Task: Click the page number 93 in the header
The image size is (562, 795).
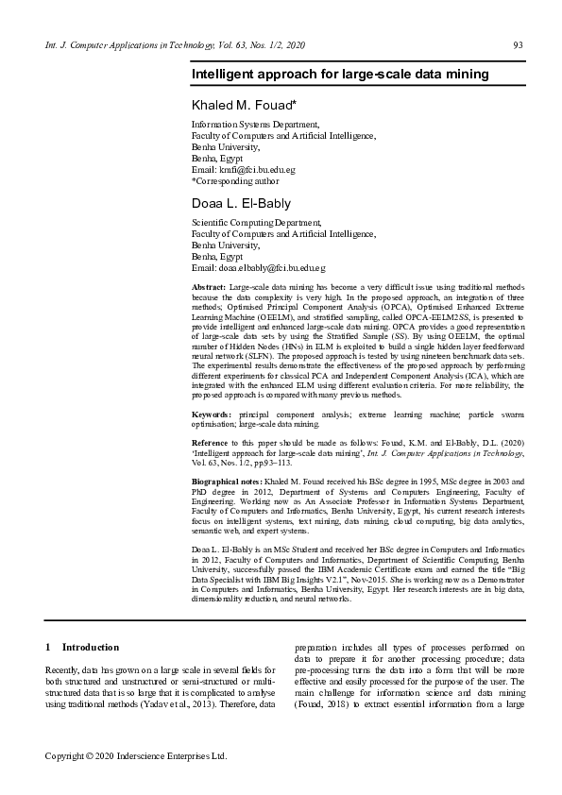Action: (x=518, y=45)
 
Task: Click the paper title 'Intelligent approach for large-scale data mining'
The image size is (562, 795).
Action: (x=340, y=73)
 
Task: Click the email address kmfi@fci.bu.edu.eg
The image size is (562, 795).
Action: (x=256, y=169)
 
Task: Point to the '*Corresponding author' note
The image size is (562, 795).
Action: (x=235, y=179)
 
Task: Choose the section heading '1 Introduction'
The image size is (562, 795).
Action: (x=82, y=647)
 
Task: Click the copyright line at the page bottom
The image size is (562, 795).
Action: (x=137, y=756)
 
